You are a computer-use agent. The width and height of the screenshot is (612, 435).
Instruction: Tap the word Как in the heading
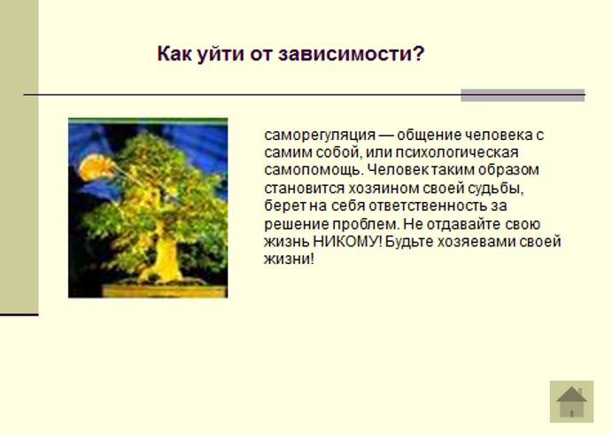coord(174,53)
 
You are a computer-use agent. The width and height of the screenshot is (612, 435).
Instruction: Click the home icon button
coord(571,401)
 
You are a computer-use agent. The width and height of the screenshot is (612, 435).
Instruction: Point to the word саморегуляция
coord(320,136)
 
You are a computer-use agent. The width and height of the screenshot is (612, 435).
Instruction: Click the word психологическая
coord(457,152)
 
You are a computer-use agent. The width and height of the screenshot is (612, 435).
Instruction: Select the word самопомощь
coord(314,170)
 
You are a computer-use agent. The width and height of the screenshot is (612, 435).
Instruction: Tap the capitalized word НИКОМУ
coord(347,242)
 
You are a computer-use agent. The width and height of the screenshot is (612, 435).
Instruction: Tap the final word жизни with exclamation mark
coord(289,260)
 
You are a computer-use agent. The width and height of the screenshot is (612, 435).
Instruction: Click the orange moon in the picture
coord(95,167)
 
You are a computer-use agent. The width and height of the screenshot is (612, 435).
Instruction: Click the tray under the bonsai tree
coord(165,291)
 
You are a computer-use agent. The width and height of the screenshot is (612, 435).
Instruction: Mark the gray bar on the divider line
coord(523,96)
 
